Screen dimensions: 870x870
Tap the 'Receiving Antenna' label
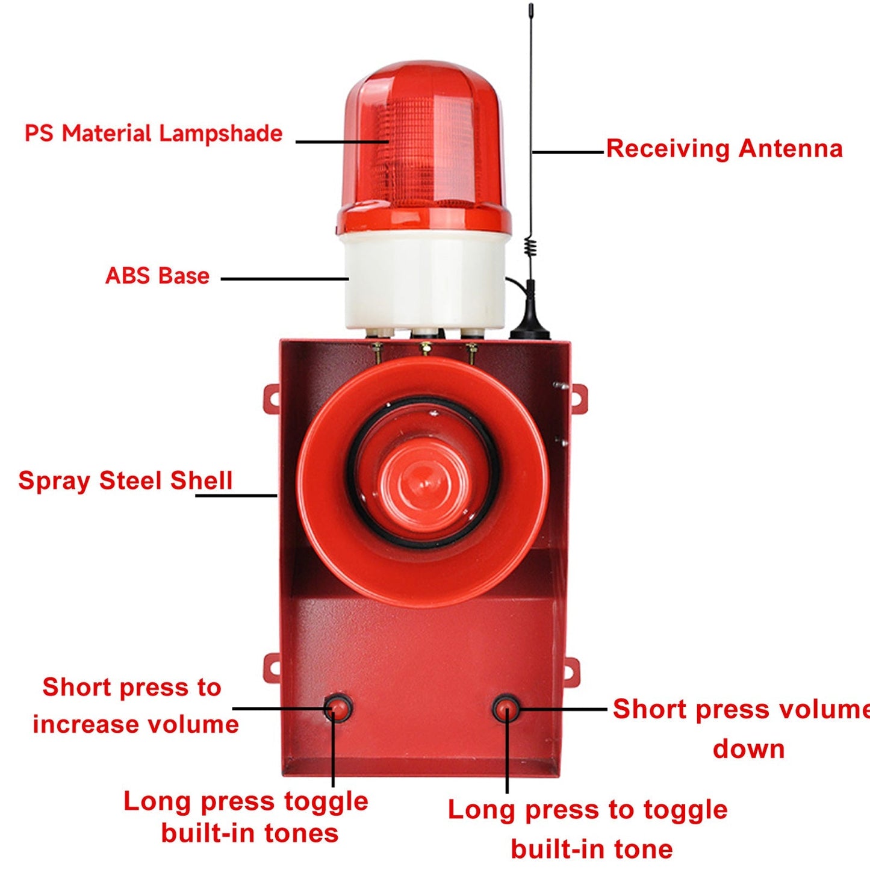724,149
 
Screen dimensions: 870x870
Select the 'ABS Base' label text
158,275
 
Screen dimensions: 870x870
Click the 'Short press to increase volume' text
135,706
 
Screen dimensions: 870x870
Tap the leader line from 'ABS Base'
285,279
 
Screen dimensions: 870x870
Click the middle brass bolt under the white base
424,347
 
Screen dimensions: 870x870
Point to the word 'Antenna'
791,149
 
